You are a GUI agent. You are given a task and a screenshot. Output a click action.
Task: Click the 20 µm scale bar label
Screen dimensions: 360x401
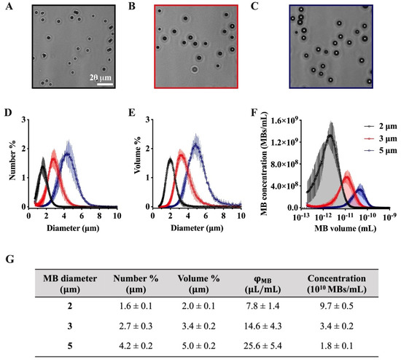click(x=104, y=74)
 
